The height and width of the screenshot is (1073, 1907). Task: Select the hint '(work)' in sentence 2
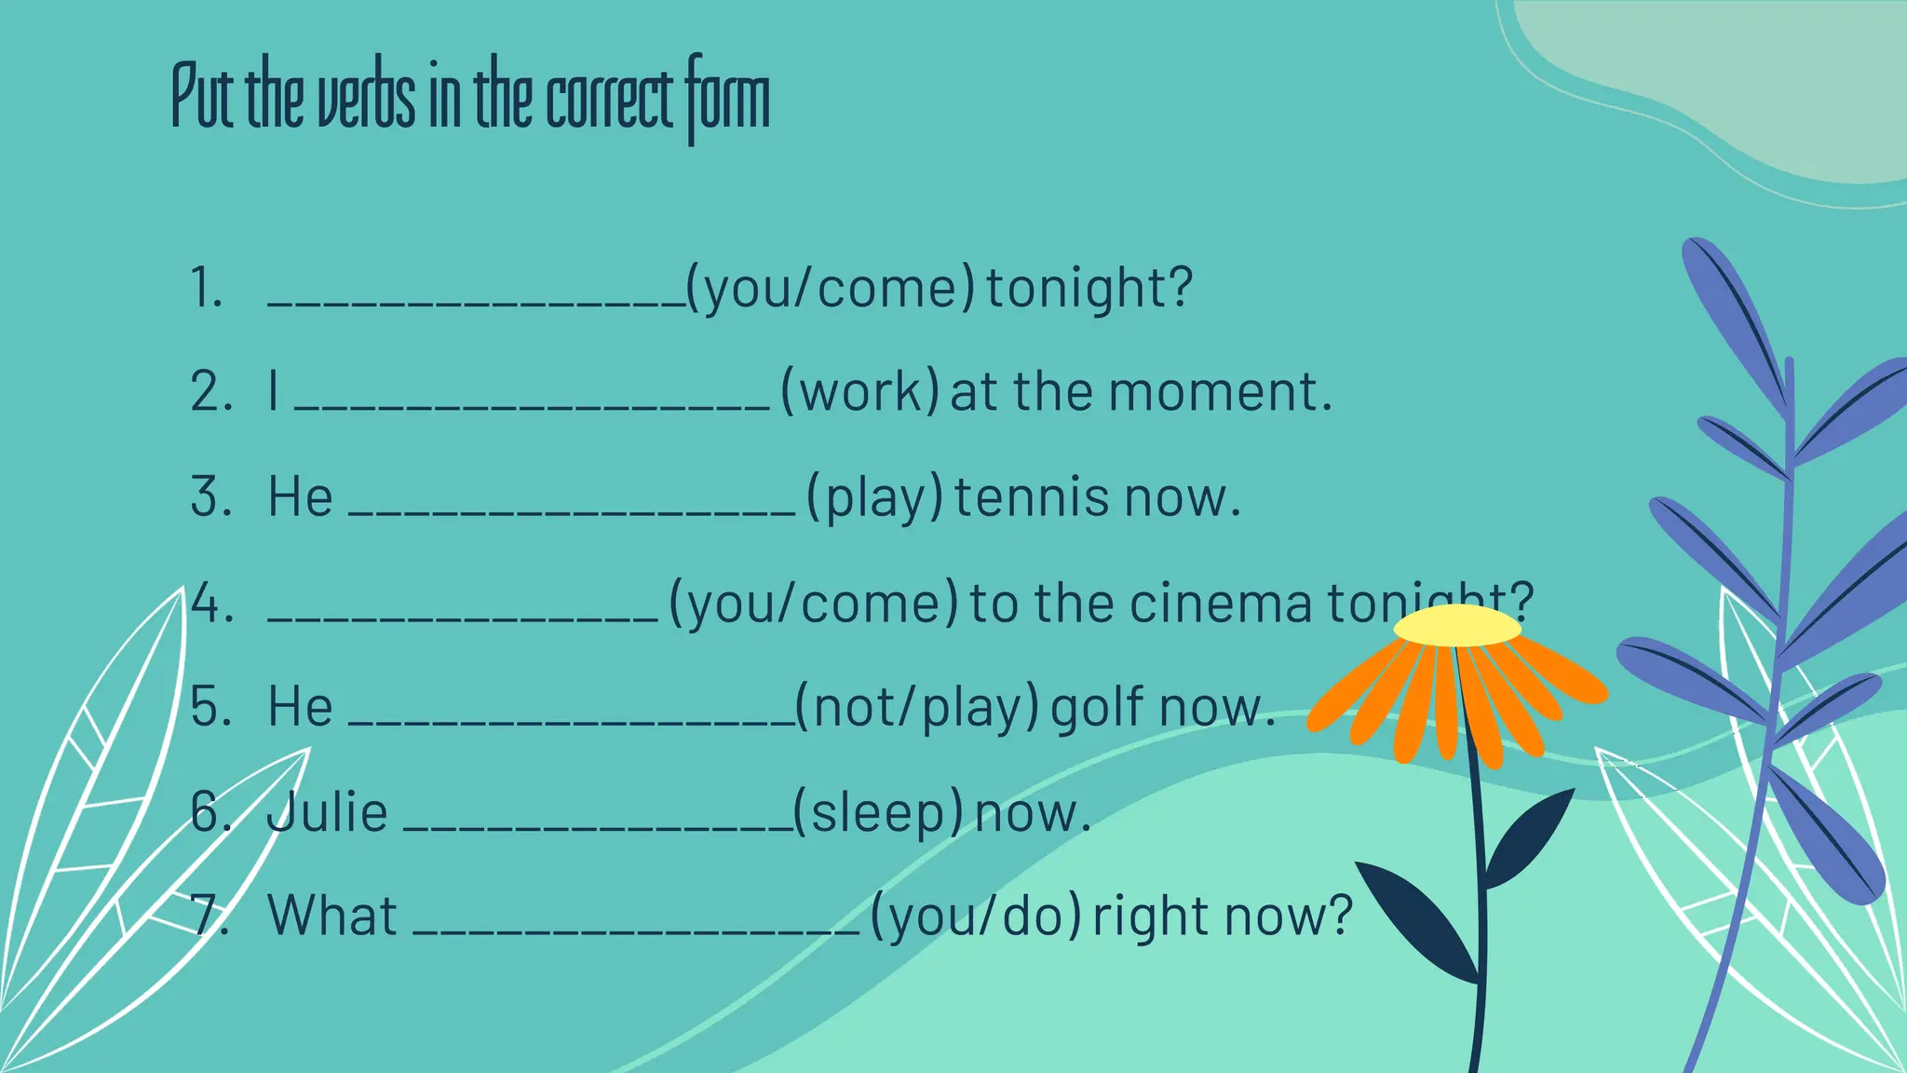coord(859,392)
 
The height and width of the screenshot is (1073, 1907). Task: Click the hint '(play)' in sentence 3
coord(874,497)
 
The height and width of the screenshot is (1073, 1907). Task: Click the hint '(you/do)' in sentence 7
coord(976,917)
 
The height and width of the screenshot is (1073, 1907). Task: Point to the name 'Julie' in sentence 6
coord(327,812)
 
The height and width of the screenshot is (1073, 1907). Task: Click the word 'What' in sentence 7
coord(332,917)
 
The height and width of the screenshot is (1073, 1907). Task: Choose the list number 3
coord(210,497)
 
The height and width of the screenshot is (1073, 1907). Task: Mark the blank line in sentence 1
coord(476,302)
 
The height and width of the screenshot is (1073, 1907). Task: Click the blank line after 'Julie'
coord(598,827)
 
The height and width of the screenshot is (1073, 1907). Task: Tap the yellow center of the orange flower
coord(1457,626)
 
